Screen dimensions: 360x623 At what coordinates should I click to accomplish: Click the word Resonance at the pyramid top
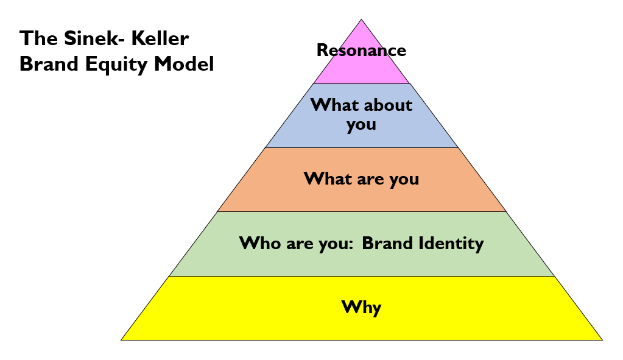pyautogui.click(x=361, y=50)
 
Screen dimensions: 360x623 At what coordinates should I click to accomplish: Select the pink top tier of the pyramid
pyautogui.click(x=362, y=70)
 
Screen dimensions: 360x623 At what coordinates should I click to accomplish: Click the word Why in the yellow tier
pyautogui.click(x=361, y=307)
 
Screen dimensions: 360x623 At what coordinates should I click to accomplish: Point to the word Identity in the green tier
pyautogui.click(x=451, y=244)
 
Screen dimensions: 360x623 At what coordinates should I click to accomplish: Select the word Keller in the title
pyautogui.click(x=162, y=39)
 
